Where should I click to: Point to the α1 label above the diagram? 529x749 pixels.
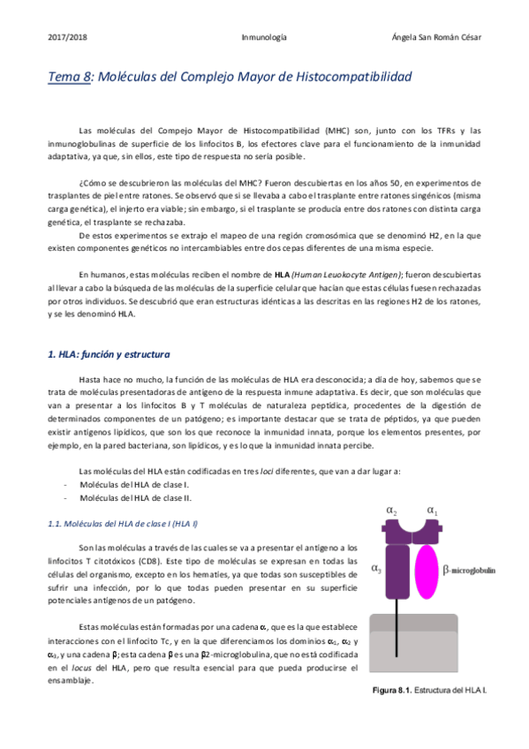(x=431, y=511)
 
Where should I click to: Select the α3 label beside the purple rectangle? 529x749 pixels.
(x=376, y=569)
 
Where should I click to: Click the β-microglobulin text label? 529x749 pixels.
(x=469, y=571)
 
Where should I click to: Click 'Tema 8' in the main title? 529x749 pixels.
(x=70, y=77)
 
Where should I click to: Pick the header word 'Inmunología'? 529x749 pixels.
(x=264, y=38)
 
